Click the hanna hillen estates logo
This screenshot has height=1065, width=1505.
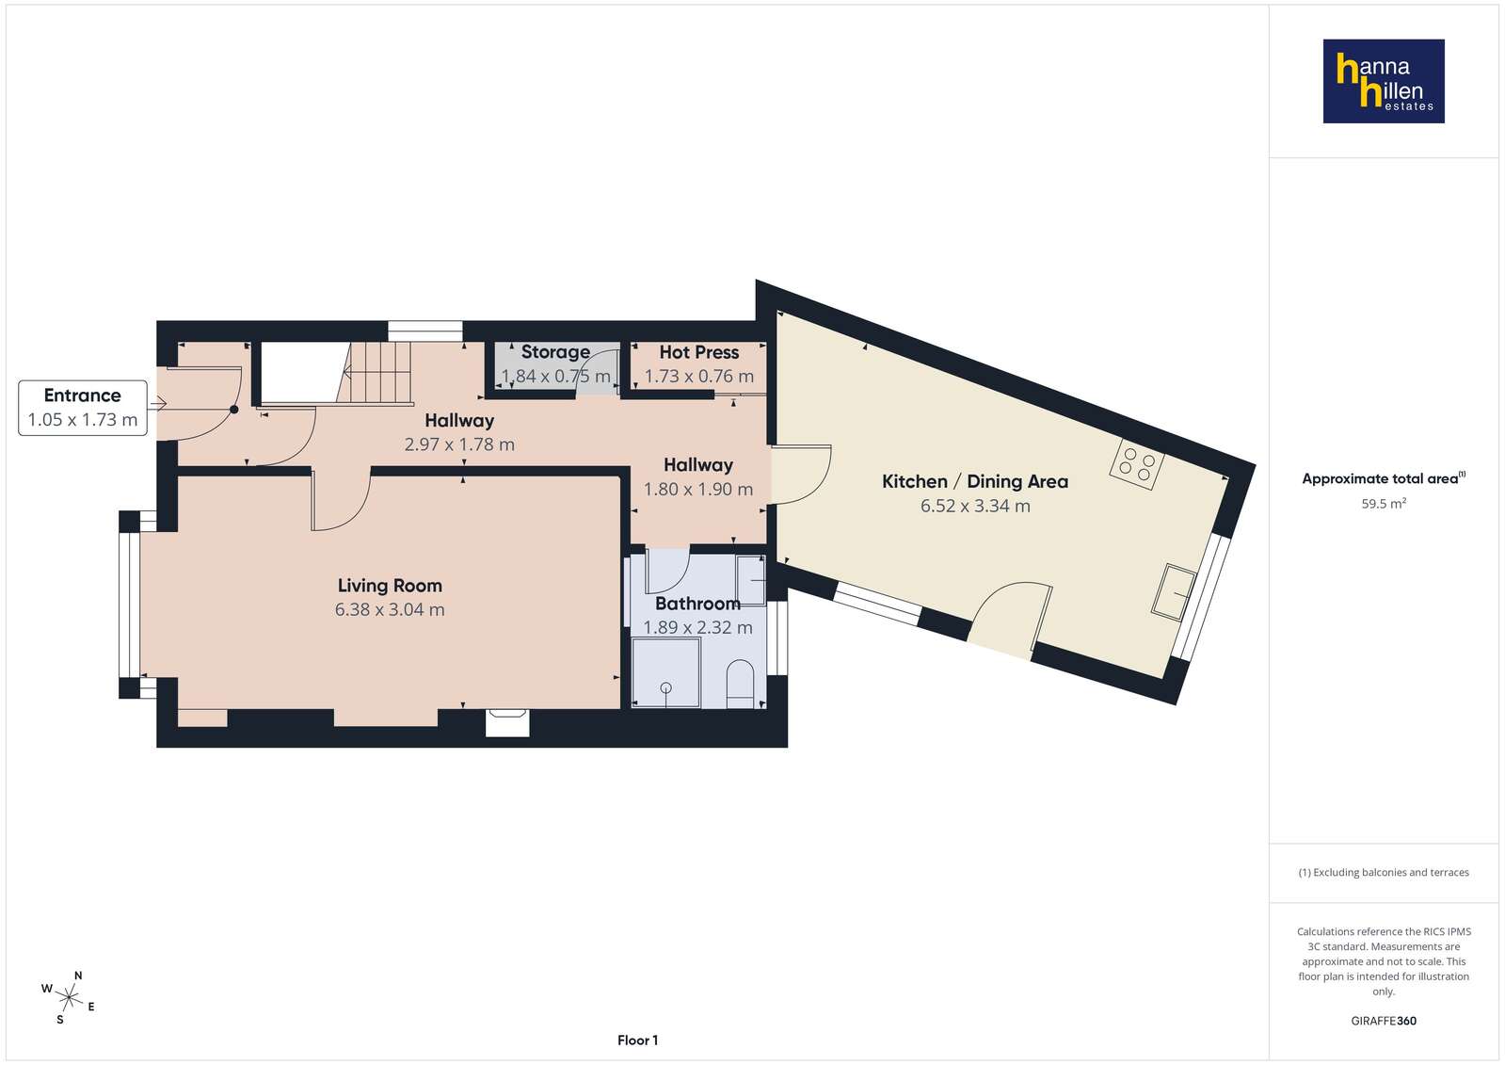click(1384, 81)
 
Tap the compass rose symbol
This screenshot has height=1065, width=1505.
click(69, 998)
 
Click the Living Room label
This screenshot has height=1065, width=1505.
click(390, 586)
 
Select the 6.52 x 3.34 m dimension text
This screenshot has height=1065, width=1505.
click(975, 506)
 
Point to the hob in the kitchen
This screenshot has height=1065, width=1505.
click(1137, 464)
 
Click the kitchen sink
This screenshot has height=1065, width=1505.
click(1174, 591)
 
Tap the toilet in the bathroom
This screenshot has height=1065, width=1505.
click(741, 684)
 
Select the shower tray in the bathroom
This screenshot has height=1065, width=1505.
click(665, 672)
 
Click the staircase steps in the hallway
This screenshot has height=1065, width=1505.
click(377, 373)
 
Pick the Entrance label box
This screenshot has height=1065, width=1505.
click(83, 408)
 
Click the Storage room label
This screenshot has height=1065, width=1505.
click(555, 351)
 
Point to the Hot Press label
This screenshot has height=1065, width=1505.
click(698, 352)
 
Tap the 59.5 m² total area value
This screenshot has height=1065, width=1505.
click(1384, 504)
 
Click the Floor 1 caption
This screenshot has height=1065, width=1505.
click(637, 1041)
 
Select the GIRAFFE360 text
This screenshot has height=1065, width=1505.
click(1384, 1021)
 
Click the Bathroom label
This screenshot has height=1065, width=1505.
click(698, 603)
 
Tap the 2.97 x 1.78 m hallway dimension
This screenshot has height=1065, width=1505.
click(459, 444)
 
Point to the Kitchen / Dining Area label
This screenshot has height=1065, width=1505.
click(975, 481)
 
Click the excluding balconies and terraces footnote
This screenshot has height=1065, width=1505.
click(1384, 872)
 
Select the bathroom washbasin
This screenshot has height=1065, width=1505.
click(750, 579)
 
